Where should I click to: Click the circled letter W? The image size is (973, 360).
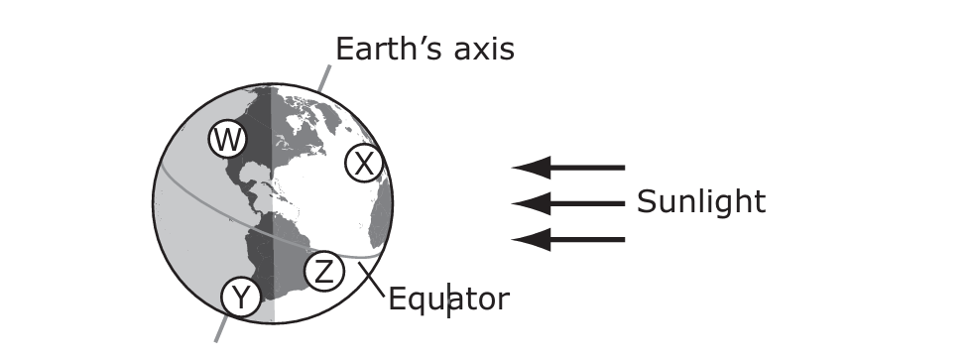click(x=228, y=140)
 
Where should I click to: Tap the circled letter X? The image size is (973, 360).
click(x=364, y=164)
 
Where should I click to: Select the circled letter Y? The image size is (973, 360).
click(x=241, y=298)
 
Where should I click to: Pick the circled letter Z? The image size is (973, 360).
click(x=324, y=272)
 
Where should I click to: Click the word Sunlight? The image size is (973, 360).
click(x=701, y=202)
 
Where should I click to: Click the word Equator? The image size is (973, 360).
click(x=448, y=300)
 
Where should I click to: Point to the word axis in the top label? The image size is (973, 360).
click(x=484, y=49)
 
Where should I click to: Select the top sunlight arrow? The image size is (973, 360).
click(x=568, y=168)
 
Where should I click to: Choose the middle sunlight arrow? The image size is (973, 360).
click(x=568, y=203)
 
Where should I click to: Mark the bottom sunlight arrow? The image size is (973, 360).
click(x=568, y=240)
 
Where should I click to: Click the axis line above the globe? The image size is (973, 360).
click(x=324, y=78)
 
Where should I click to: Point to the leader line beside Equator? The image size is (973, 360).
click(x=372, y=280)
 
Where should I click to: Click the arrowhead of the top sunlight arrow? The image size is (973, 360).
click(x=532, y=168)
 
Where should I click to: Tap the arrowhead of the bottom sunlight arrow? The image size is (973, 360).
click(x=532, y=240)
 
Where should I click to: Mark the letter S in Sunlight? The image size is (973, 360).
click(x=647, y=202)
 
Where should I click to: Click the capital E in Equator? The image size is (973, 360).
click(x=397, y=299)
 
